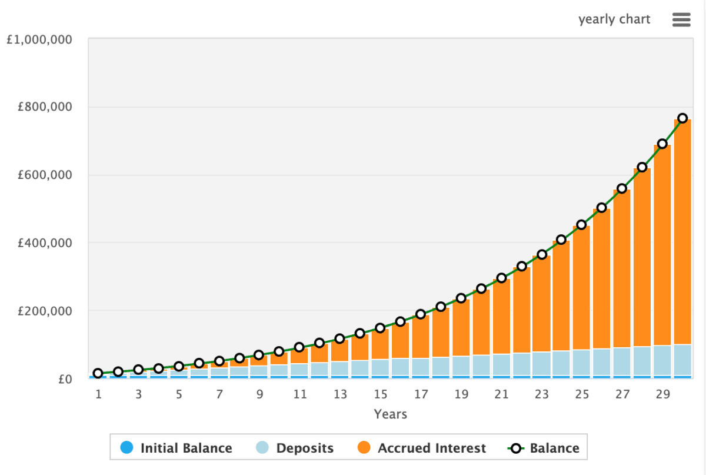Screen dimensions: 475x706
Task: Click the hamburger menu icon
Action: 681,20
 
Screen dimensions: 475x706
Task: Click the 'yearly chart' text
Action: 614,19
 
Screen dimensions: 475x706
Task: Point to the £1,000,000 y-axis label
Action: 39,40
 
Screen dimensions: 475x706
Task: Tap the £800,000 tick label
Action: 45,107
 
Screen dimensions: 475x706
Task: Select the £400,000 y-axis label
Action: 45,243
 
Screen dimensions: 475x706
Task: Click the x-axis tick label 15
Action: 381,394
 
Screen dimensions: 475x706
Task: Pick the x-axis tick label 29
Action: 662,394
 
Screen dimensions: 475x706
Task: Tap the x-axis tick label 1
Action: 98,394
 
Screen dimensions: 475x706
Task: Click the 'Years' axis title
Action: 390,414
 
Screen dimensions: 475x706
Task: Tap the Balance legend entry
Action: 544,449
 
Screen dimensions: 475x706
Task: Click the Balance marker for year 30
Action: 682,118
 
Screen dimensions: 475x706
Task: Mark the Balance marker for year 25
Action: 582,224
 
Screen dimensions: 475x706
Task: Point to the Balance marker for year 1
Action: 98,373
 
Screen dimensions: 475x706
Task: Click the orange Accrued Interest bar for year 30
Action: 682,235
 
